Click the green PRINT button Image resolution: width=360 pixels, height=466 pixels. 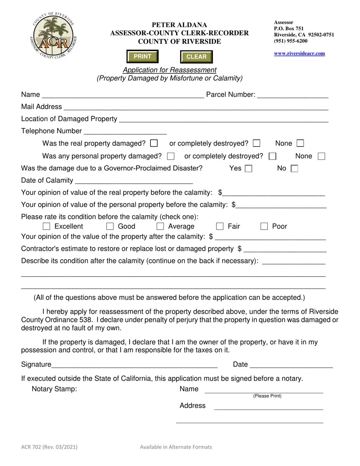tap(142, 56)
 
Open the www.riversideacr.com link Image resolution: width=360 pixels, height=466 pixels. tap(299, 53)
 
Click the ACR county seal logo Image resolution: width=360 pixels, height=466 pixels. tap(53, 36)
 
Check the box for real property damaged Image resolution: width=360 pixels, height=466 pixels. tap(154, 143)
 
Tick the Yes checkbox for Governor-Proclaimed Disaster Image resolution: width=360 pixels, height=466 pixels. tap(249, 169)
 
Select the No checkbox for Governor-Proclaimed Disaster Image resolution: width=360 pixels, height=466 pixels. tap(294, 169)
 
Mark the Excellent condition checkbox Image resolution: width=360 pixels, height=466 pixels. tap(47, 227)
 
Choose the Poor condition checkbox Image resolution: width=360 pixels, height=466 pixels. tap(264, 227)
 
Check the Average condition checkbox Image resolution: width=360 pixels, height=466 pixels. tap(160, 227)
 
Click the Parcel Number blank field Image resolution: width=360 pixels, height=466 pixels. tap(293, 95)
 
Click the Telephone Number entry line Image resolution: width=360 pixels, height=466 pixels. tap(125, 131)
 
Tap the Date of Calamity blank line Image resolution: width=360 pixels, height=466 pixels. tap(134, 180)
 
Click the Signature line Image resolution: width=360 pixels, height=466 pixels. tap(135, 364)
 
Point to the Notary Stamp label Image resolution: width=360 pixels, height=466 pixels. tap(55, 389)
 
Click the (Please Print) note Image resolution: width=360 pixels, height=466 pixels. tap(267, 396)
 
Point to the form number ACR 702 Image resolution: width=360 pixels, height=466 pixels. tap(49, 447)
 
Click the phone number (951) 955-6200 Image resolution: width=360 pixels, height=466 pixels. tap(291, 41)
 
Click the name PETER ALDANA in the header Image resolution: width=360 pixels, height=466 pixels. tap(179, 25)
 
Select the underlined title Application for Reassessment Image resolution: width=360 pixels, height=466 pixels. tap(169, 70)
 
